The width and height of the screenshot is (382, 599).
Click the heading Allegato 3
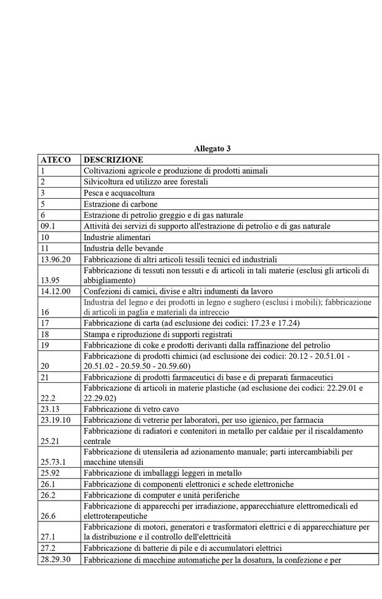click(212, 148)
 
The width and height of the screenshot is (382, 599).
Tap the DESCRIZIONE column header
click(113, 159)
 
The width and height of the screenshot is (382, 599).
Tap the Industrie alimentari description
click(117, 237)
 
